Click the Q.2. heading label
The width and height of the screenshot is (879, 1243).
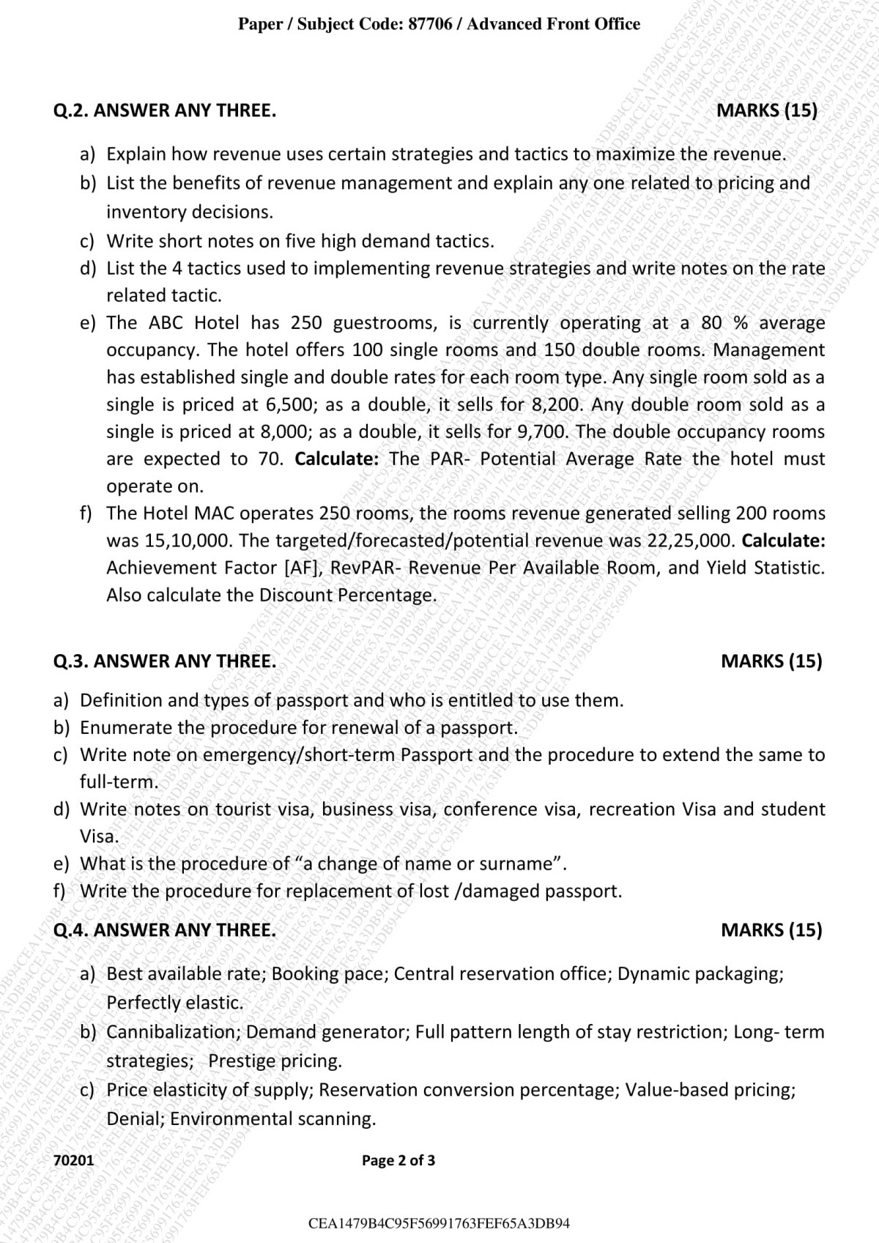pyautogui.click(x=71, y=111)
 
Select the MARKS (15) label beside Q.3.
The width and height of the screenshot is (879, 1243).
pyautogui.click(x=771, y=661)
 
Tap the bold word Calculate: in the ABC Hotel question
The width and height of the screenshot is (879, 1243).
pyautogui.click(x=336, y=459)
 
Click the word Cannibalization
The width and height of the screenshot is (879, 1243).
pyautogui.click(x=174, y=1032)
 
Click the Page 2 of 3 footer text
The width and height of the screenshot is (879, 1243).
pyautogui.click(x=398, y=1160)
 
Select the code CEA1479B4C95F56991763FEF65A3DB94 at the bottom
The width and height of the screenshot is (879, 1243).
pyautogui.click(x=439, y=1223)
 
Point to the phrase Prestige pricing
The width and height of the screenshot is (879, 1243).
pyautogui.click(x=275, y=1061)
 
